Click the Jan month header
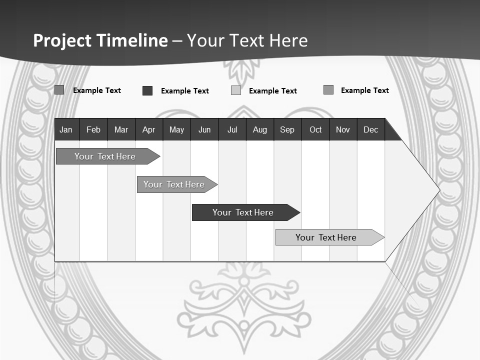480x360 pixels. coord(66,130)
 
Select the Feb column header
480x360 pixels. coord(93,130)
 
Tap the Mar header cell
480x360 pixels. coord(121,130)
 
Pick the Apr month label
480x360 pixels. coord(148,130)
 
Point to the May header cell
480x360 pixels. coord(176,130)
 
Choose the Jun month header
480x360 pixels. coord(204,130)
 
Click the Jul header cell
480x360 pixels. coord(232,130)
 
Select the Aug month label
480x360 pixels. coord(260,130)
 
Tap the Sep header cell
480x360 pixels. coord(287,130)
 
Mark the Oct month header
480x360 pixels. coord(315,130)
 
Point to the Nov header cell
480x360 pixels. coord(343,130)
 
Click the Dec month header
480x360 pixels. coord(371,130)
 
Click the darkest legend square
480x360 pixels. coord(147,90)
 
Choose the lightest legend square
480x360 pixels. coord(236,90)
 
